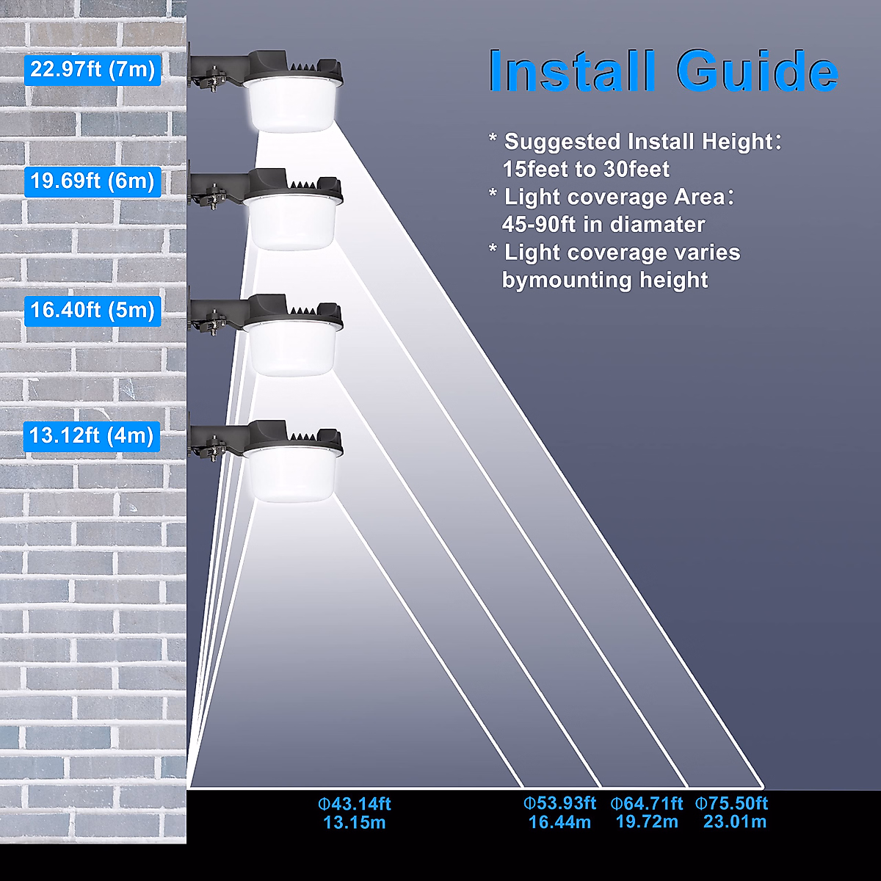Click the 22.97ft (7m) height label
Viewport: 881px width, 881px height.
[93, 70]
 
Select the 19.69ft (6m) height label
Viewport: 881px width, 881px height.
[93, 181]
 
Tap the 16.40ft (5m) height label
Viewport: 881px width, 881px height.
[93, 310]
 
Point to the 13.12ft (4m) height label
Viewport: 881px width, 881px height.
[92, 436]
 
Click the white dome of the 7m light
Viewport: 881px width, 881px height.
[291, 107]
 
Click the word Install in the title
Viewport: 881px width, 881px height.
[572, 71]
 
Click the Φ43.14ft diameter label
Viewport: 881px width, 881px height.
[355, 804]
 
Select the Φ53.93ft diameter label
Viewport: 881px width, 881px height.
[559, 804]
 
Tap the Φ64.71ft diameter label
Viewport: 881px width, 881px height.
[647, 804]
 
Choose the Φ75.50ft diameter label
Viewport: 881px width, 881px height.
[732, 804]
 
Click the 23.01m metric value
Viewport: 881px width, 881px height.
[734, 822]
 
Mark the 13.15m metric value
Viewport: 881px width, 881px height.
[355, 823]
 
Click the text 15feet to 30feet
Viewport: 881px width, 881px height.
[586, 170]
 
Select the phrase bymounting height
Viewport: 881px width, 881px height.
[605, 280]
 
